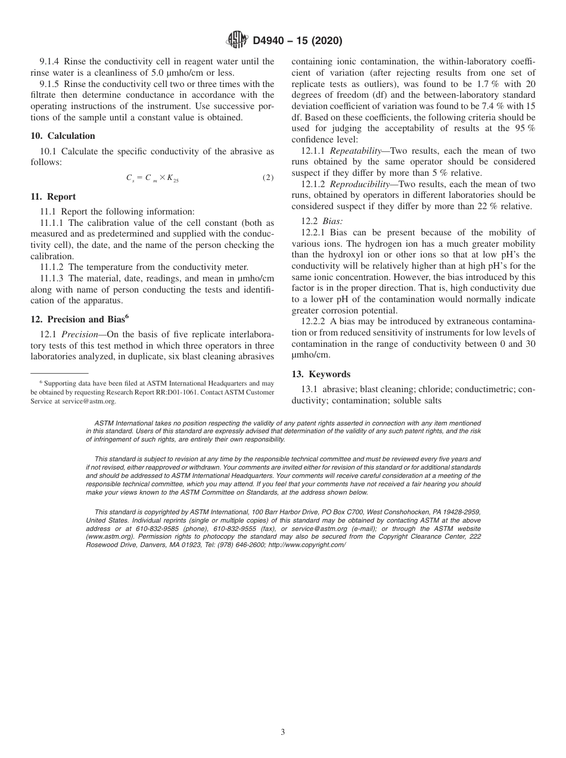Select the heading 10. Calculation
point(63,136)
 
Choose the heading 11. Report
point(53,197)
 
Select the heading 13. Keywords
point(321,374)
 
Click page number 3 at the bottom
point(283,732)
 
